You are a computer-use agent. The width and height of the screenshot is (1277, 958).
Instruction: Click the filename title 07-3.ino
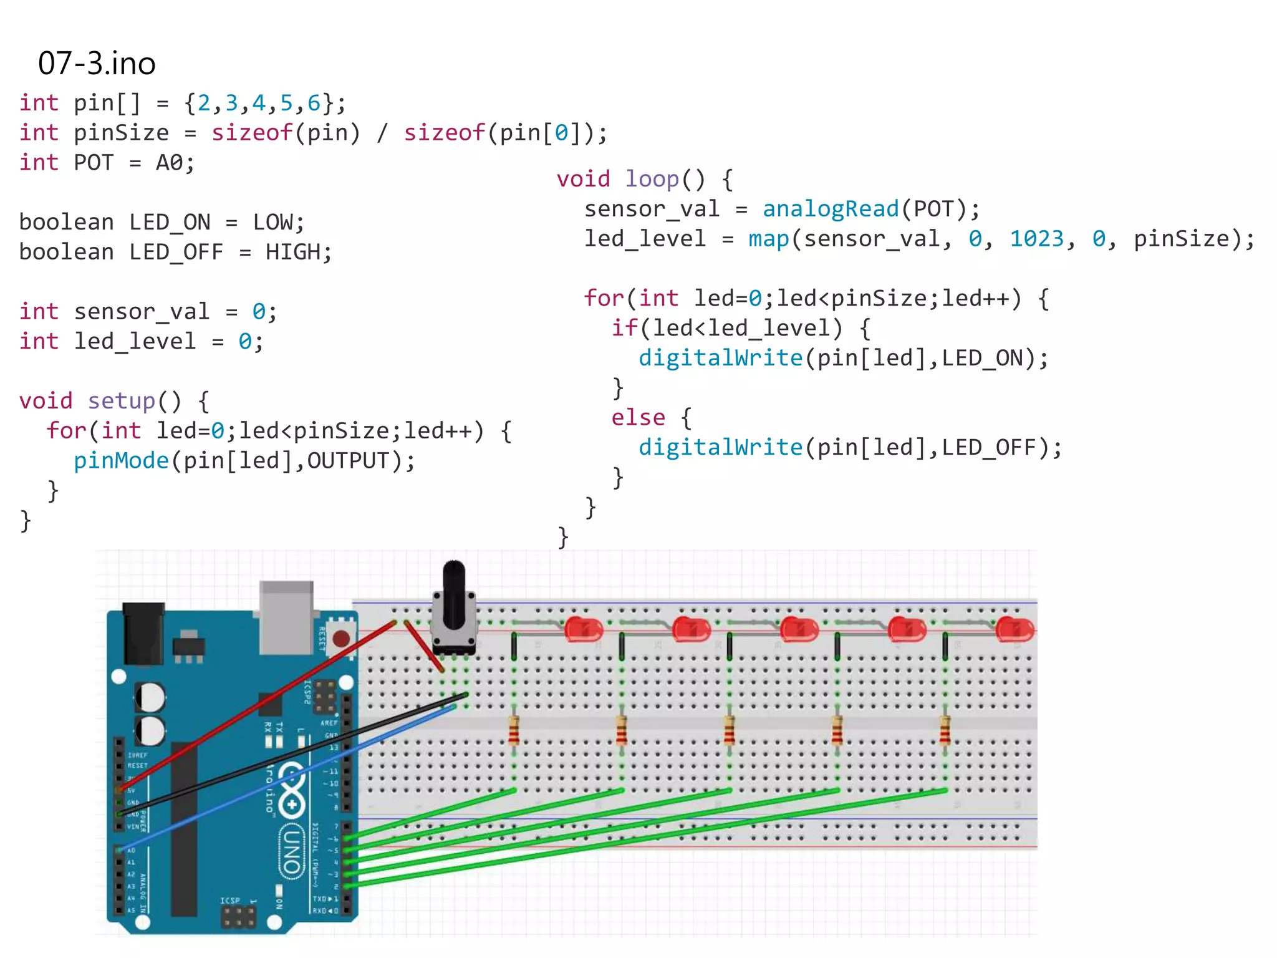click(x=97, y=64)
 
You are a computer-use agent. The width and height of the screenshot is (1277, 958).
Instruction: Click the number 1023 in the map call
click(x=1036, y=239)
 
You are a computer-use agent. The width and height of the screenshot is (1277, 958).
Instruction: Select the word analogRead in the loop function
click(x=831, y=209)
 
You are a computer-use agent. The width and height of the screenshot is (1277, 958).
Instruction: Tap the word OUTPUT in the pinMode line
click(x=348, y=461)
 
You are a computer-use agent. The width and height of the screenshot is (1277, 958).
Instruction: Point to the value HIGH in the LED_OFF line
click(x=292, y=253)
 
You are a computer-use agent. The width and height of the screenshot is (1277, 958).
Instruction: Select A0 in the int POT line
click(x=170, y=163)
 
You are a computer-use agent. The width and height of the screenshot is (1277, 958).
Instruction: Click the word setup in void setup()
click(x=121, y=401)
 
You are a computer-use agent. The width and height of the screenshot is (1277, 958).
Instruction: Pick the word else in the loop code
click(x=638, y=417)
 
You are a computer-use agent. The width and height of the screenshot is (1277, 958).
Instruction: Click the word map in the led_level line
click(x=768, y=239)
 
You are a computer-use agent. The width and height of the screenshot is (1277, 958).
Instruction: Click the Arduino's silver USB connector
click(x=286, y=617)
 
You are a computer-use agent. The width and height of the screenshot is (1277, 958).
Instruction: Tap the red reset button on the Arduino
click(x=340, y=638)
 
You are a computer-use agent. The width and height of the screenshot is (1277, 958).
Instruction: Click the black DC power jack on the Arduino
click(x=143, y=633)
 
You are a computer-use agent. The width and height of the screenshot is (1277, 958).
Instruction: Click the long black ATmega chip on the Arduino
click(x=184, y=830)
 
